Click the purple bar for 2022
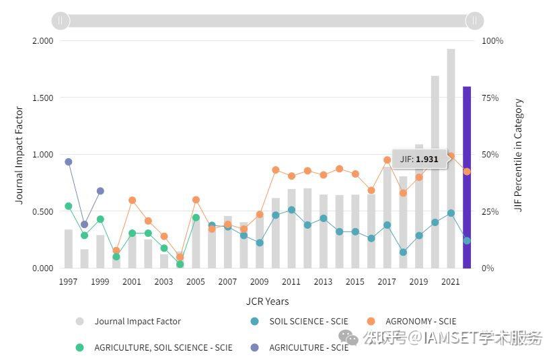[467, 177]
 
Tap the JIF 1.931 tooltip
[419, 159]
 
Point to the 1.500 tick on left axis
[42, 98]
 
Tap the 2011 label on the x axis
[291, 282]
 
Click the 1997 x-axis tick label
[68, 282]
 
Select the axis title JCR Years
[267, 301]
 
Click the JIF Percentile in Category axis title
[519, 155]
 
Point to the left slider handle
[61, 20]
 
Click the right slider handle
[475, 20]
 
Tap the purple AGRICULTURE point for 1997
[68, 161]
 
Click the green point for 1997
[68, 206]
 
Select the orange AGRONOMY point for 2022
[467, 172]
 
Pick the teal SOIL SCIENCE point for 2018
[403, 252]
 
